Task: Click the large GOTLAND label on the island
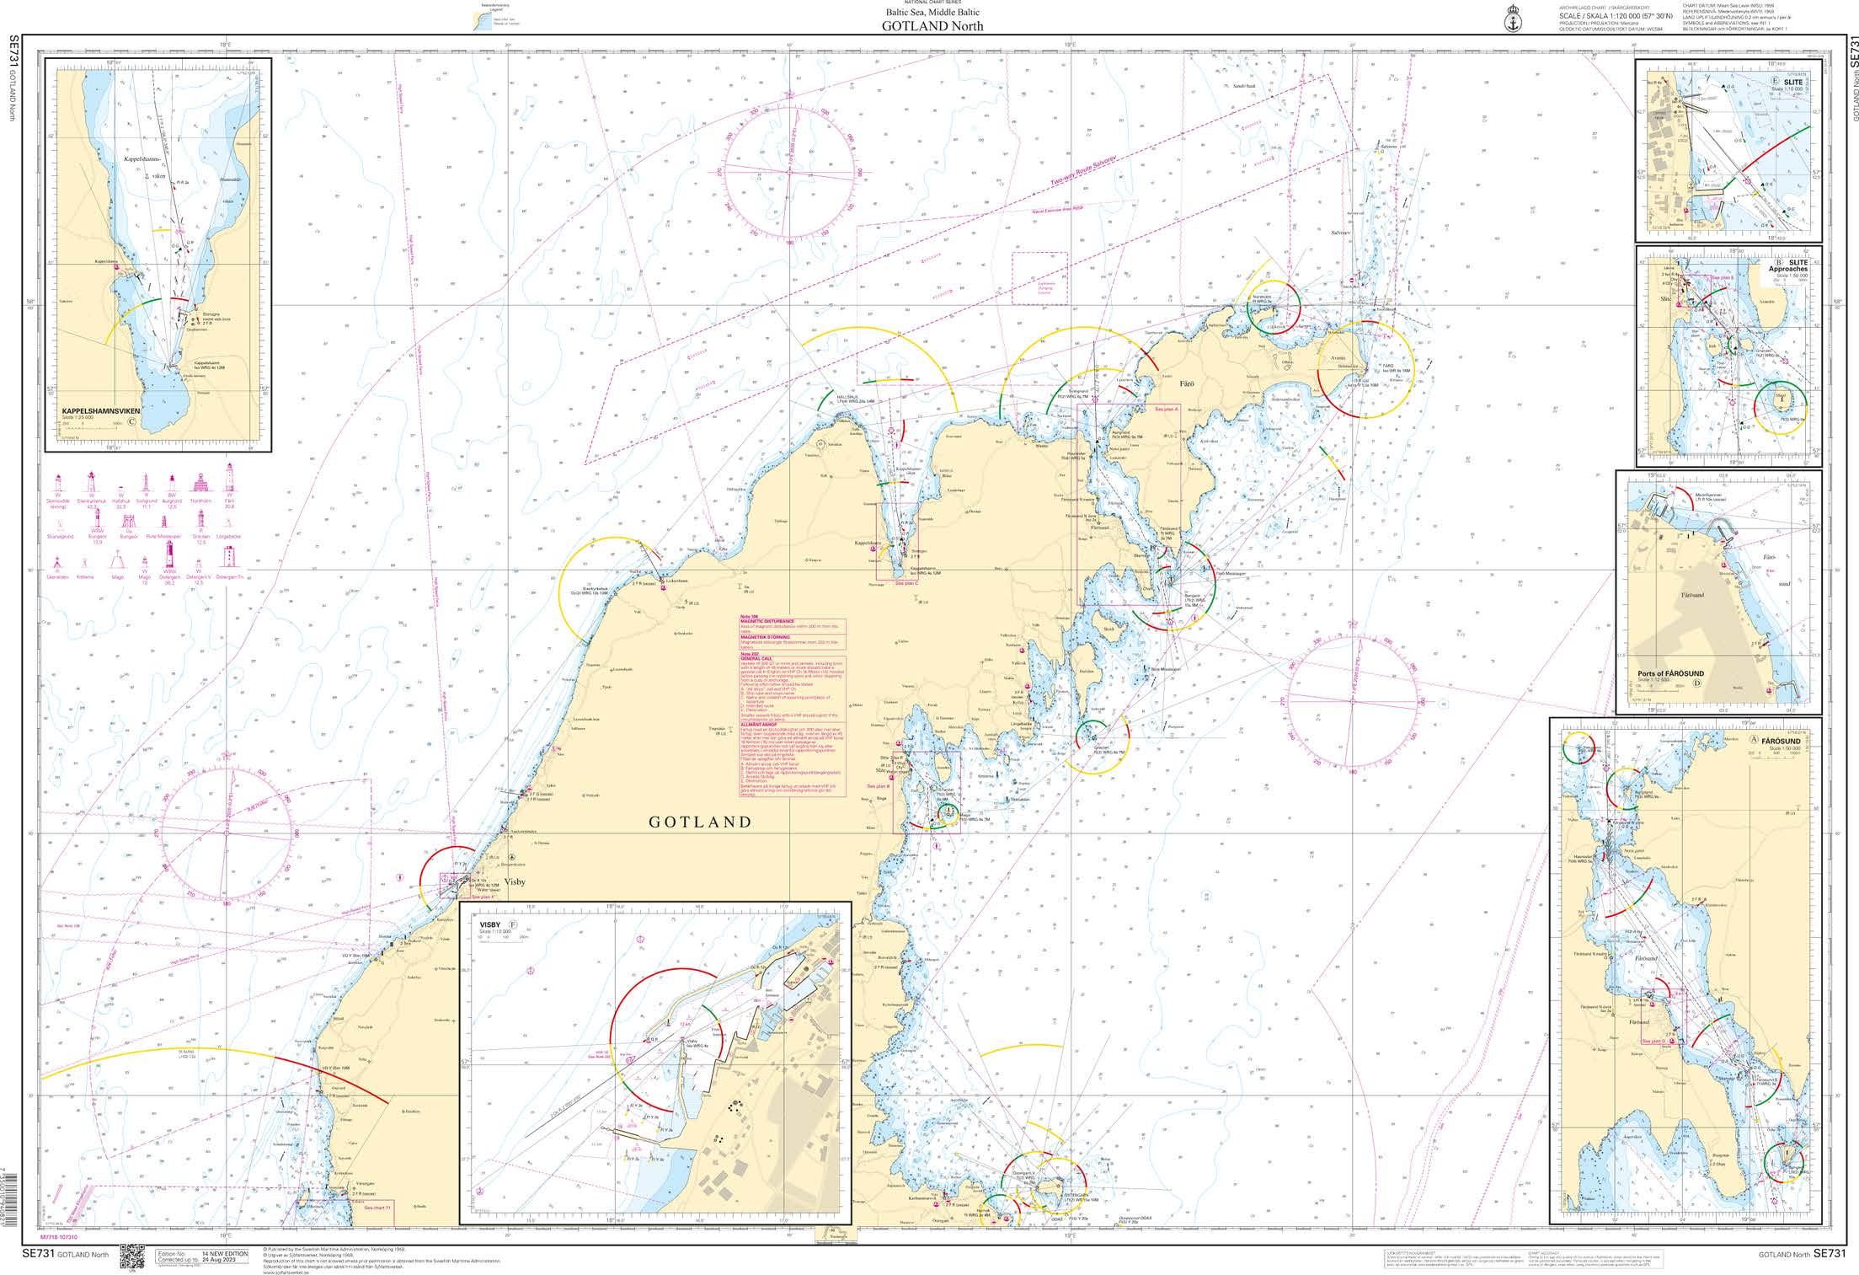700,822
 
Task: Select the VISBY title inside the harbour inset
490,924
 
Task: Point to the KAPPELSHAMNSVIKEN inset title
99,411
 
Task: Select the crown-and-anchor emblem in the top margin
1512,18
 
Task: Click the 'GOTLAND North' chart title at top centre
932,26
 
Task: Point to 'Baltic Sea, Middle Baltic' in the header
932,13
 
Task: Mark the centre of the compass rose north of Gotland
788,173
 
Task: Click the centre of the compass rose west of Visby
227,837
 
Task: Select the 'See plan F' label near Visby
489,897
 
